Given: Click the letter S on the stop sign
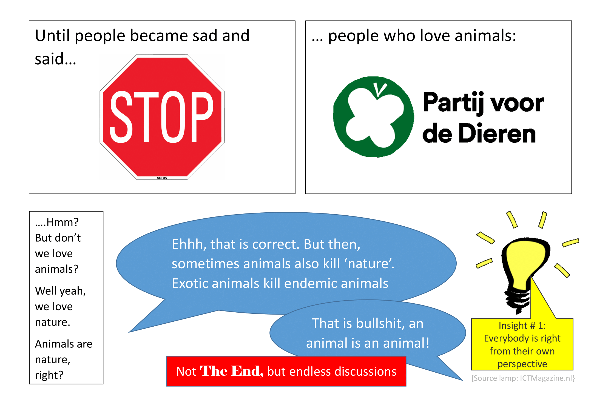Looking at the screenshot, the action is click(x=121, y=117).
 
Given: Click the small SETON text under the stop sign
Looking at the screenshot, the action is click(x=162, y=178).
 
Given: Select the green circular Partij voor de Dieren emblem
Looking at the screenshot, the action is click(x=373, y=117).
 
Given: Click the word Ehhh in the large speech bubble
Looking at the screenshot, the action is click(x=189, y=244).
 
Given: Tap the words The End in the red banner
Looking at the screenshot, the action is click(x=232, y=371).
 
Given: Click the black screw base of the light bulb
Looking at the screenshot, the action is click(x=518, y=301).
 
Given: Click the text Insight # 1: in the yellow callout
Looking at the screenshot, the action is click(x=522, y=326).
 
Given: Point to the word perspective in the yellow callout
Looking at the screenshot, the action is click(x=522, y=364).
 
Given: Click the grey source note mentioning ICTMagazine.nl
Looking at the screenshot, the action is click(x=523, y=378).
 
